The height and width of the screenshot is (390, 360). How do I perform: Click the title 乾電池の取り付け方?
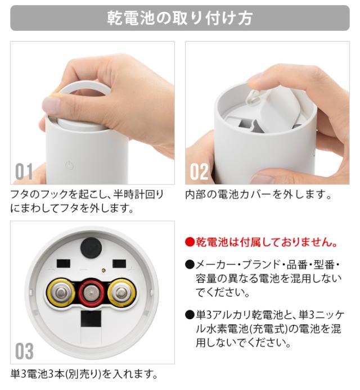coord(180,18)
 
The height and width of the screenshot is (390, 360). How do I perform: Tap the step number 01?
coord(24,171)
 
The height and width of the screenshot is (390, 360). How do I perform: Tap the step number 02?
coord(199,171)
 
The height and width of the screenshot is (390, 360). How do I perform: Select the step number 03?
coord(24,351)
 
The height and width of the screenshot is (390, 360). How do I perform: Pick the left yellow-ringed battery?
coord(61,292)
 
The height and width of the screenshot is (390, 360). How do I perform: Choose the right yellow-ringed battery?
coord(122,292)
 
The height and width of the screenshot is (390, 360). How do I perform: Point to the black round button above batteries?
coord(91,247)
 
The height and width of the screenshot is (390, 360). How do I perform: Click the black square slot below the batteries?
coord(91,319)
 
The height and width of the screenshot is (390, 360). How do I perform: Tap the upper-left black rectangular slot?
coord(64,264)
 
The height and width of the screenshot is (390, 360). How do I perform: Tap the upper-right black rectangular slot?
coord(119,264)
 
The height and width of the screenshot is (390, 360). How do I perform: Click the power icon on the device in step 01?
coord(69,165)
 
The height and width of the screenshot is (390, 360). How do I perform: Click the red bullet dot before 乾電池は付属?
coord(190,242)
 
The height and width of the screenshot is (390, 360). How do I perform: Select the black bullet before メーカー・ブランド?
coord(190,265)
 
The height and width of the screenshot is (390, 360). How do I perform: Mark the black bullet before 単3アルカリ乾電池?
coord(190,315)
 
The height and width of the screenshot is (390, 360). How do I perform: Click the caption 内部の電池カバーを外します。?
coord(259,194)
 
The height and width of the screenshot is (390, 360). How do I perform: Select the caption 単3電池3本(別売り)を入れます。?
coord(84,374)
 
